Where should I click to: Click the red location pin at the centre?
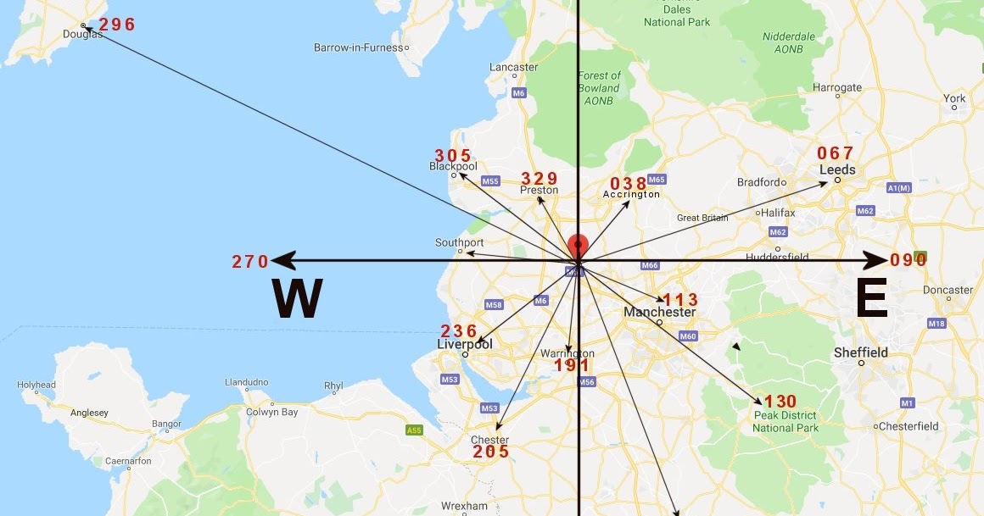coord(577,246)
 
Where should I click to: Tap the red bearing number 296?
coord(117,25)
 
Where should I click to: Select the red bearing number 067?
coord(835,153)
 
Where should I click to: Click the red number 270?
coord(250,262)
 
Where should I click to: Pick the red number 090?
coord(909,260)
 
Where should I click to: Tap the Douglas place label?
coord(83,35)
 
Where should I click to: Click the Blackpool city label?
coord(453,167)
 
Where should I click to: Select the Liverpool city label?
coord(464,345)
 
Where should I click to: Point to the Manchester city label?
coord(659,313)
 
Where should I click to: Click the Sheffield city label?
coord(861,352)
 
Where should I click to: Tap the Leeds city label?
coord(837,169)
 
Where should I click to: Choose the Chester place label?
coord(489,440)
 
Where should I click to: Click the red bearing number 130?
coord(780,402)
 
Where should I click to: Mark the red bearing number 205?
coord(491,452)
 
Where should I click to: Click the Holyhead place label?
coord(36,385)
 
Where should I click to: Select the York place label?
coord(954,98)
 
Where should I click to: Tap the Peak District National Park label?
coord(786,422)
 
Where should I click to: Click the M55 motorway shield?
coord(490,181)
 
